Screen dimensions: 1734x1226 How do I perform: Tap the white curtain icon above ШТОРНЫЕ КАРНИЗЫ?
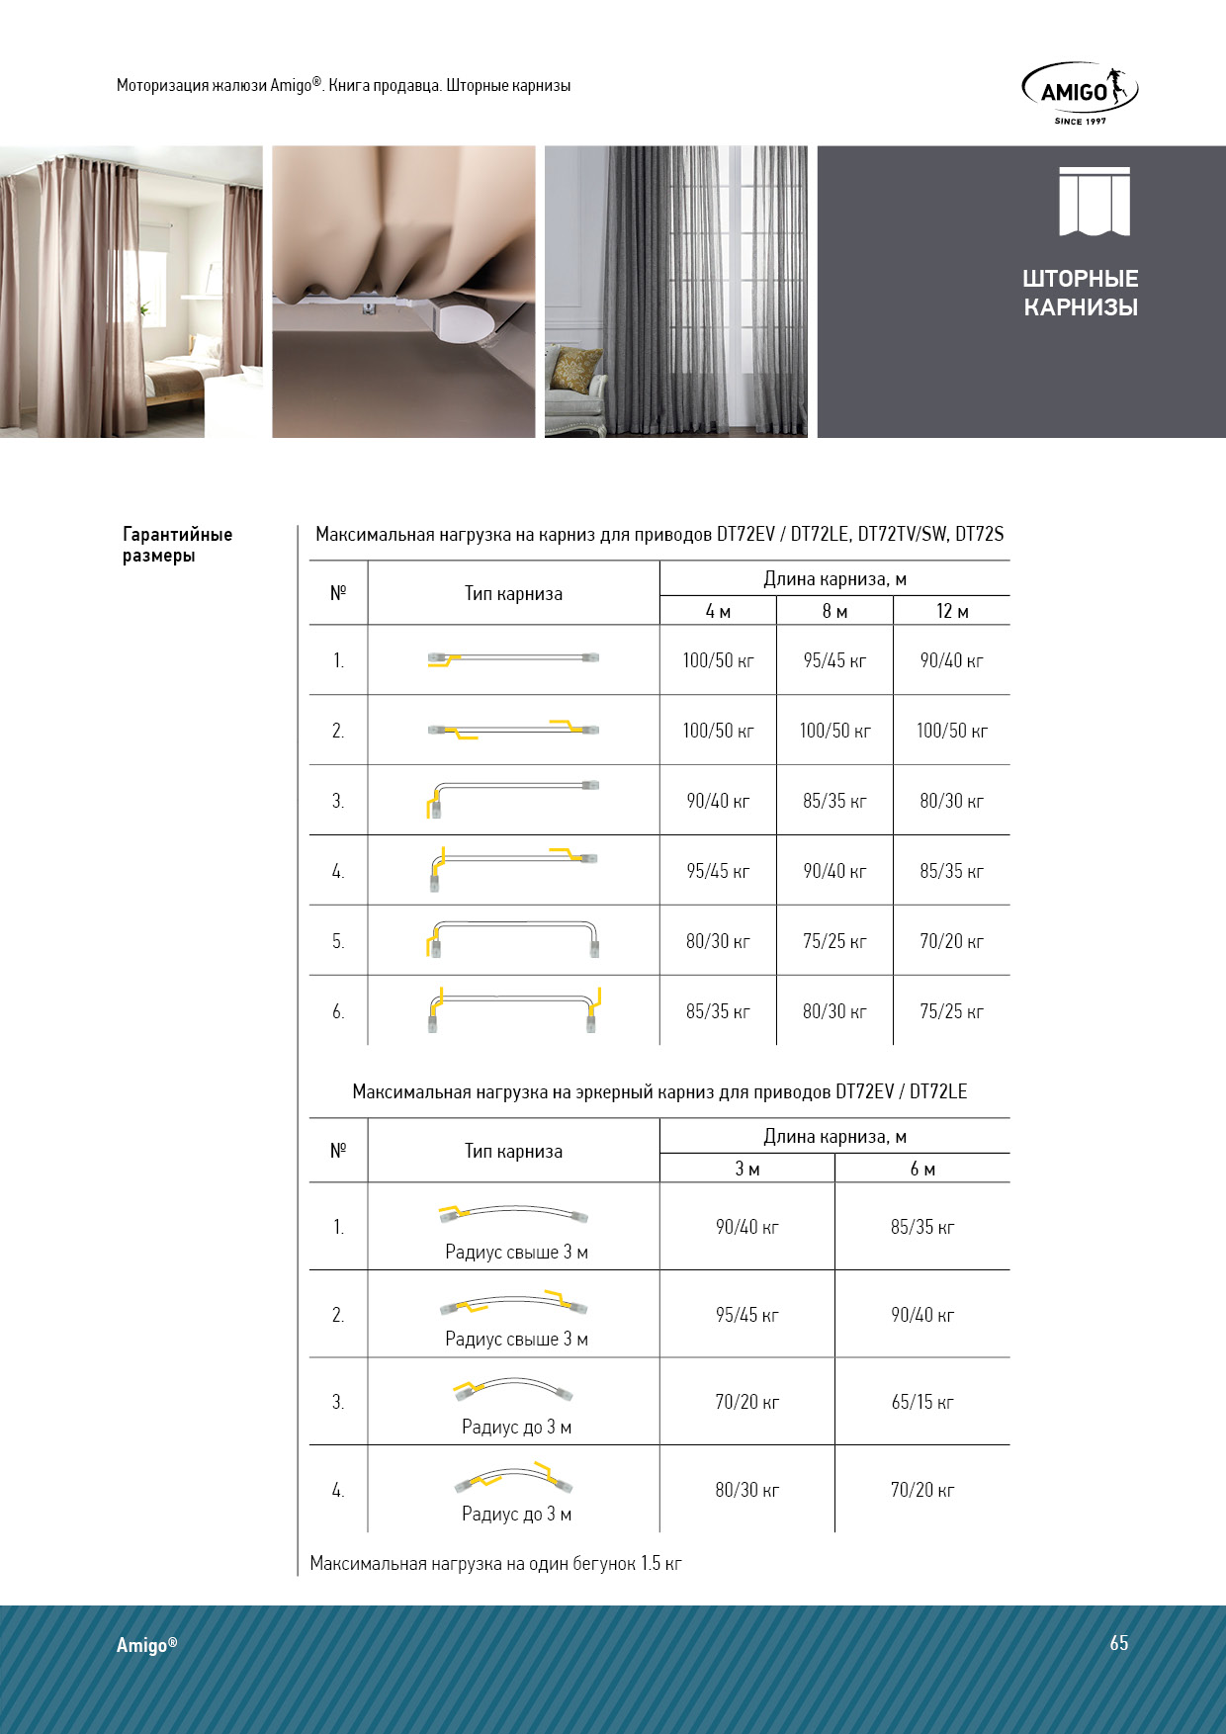tap(1094, 202)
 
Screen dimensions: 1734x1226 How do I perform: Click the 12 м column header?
tap(951, 611)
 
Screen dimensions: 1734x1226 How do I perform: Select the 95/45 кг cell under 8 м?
tap(834, 660)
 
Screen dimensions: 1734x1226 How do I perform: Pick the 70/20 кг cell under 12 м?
tap(951, 941)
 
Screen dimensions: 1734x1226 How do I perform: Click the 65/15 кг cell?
tap(921, 1402)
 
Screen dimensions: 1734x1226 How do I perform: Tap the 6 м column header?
tap(921, 1169)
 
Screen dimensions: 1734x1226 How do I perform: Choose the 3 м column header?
tap(746, 1169)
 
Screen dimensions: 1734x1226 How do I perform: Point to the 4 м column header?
tap(718, 611)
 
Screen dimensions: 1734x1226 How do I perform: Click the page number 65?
tap(1118, 1643)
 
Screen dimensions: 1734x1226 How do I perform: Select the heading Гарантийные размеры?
tap(177, 545)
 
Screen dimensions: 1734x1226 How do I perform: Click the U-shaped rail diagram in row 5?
tap(513, 938)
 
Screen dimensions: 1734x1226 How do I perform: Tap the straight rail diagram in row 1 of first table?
tap(513, 658)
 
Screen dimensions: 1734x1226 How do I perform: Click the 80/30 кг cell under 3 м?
tap(746, 1490)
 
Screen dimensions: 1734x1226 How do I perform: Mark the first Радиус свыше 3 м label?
tap(516, 1252)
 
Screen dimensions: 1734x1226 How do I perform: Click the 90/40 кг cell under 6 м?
tap(921, 1315)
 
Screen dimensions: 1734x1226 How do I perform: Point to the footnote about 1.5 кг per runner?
tap(495, 1563)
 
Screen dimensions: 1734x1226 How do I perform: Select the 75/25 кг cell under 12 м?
tap(951, 1011)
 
